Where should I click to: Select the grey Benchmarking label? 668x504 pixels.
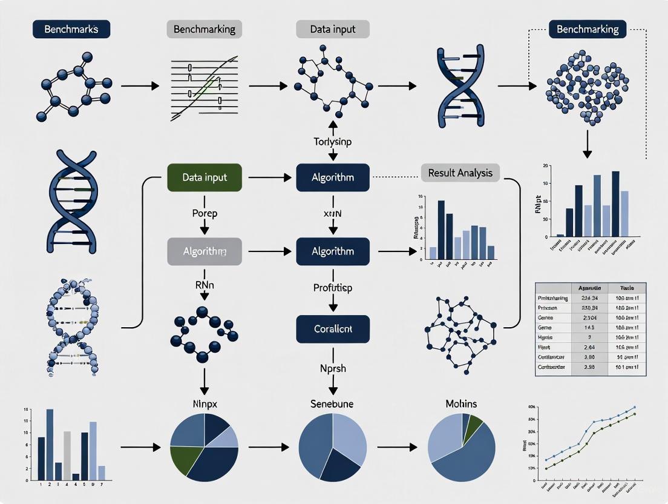[x=204, y=28]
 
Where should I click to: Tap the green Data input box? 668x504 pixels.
[x=204, y=177]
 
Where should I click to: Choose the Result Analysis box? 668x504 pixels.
[x=460, y=173]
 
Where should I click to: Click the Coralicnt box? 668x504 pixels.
[x=332, y=329]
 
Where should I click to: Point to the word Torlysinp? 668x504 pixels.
[x=332, y=142]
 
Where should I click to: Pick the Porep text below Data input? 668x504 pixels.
[x=205, y=213]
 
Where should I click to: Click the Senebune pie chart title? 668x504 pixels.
[x=332, y=403]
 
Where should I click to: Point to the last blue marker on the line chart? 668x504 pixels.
[x=634, y=408]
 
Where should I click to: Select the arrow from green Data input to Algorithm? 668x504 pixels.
[x=269, y=177]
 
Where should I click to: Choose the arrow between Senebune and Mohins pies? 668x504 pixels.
[x=396, y=448]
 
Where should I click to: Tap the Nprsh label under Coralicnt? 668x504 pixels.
[x=332, y=368]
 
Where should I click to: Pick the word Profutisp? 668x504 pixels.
[x=332, y=288]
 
